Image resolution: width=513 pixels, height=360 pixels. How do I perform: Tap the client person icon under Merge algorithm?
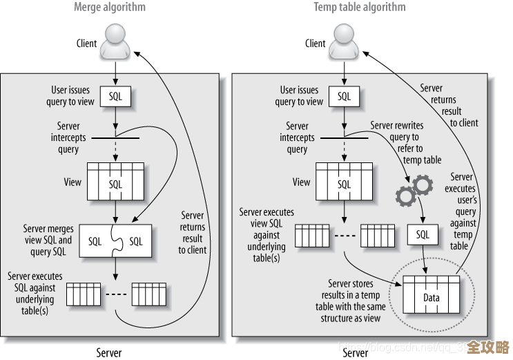pyautogui.click(x=115, y=43)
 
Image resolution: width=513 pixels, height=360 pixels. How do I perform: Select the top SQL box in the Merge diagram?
pyautogui.click(x=115, y=97)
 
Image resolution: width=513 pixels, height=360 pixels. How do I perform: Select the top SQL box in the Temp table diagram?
pyautogui.click(x=345, y=97)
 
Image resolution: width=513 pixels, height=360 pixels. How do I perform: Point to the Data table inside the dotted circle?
pyautogui.click(x=432, y=296)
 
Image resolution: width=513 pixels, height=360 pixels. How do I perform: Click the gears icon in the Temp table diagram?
pyautogui.click(x=414, y=190)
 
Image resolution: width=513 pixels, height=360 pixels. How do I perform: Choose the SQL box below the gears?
pyautogui.click(x=423, y=235)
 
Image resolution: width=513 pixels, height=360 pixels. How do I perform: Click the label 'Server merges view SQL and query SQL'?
pyautogui.click(x=48, y=240)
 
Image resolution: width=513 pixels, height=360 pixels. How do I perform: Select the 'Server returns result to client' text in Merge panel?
pyautogui.click(x=193, y=233)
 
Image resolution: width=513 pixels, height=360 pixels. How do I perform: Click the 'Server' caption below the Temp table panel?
pyautogui.click(x=356, y=352)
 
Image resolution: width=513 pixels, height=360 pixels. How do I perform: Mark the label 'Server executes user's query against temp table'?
pyautogui.click(x=461, y=211)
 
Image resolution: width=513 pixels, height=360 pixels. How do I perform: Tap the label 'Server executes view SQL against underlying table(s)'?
pyautogui.click(x=266, y=235)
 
